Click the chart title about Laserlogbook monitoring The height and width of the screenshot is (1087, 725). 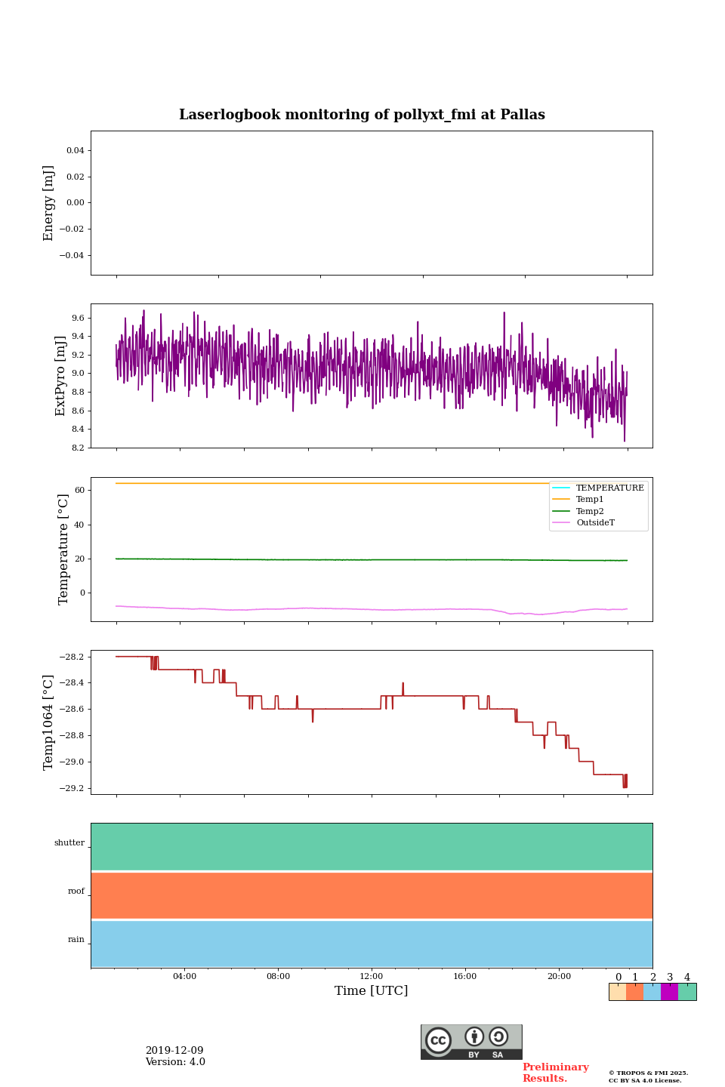point(362,115)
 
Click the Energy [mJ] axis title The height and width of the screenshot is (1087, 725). point(49,203)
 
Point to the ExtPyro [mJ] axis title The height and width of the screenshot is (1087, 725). point(60,376)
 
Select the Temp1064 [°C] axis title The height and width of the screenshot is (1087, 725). point(49,722)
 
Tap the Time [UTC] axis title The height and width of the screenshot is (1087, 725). point(371,990)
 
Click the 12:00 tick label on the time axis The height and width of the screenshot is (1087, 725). point(371,976)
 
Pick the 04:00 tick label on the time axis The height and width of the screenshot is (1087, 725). point(184,976)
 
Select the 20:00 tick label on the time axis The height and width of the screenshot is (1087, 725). point(559,976)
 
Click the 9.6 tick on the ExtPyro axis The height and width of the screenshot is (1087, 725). point(78,318)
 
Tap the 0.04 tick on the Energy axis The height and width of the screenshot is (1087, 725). point(75,151)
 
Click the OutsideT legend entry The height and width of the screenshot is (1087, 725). point(595,523)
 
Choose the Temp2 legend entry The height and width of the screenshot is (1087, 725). point(590,511)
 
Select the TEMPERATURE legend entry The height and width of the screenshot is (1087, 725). point(609,488)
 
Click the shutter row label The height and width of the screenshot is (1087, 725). point(69,843)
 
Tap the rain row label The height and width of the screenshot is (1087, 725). point(76,940)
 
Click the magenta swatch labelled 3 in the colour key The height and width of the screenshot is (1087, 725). point(669,992)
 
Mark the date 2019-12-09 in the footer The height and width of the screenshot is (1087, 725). point(174,1051)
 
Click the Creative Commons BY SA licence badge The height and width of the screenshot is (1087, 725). point(471,1042)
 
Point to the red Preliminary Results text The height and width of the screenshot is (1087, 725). point(555,1073)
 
